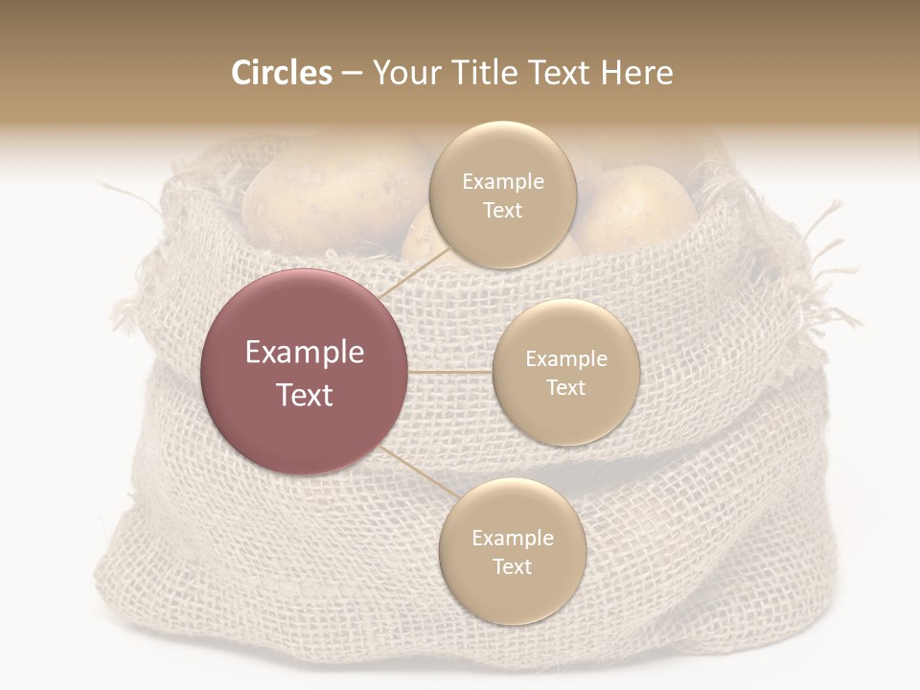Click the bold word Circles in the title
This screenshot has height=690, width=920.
[x=281, y=73]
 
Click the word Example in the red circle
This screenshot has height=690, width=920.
[x=305, y=353]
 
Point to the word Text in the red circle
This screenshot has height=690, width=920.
[x=305, y=395]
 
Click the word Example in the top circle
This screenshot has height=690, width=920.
[x=502, y=182]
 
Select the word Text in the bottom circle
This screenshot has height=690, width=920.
[x=512, y=566]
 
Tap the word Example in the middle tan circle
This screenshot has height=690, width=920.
[x=565, y=359]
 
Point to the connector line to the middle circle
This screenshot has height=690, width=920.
[x=450, y=371]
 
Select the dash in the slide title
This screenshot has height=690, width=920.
[x=352, y=73]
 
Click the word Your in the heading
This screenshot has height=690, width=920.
[x=402, y=73]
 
